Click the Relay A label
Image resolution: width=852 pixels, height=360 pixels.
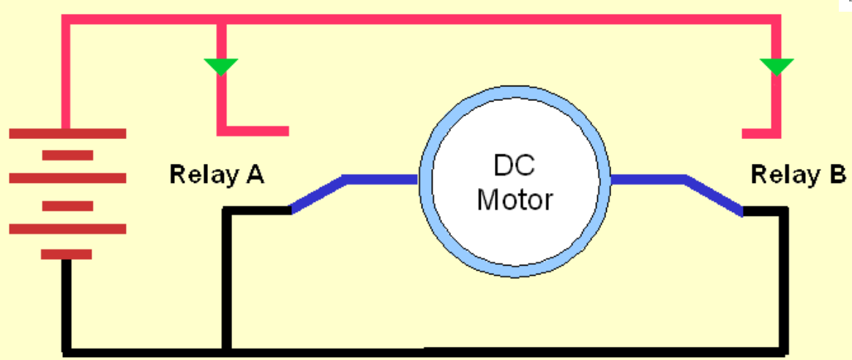[x=217, y=175]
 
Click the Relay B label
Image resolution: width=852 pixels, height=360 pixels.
[x=799, y=175]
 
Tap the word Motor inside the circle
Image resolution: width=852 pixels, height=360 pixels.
[x=515, y=199]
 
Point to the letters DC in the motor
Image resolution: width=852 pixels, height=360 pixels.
[x=514, y=166]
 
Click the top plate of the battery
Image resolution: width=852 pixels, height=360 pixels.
[x=67, y=133]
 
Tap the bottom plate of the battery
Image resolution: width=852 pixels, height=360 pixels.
[x=67, y=254]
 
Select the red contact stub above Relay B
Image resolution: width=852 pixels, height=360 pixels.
[x=760, y=133]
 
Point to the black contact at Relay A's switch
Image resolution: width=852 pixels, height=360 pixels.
[x=256, y=211]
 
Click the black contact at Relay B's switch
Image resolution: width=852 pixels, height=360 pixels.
[x=765, y=211]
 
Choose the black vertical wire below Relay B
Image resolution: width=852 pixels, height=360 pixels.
[x=783, y=278]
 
